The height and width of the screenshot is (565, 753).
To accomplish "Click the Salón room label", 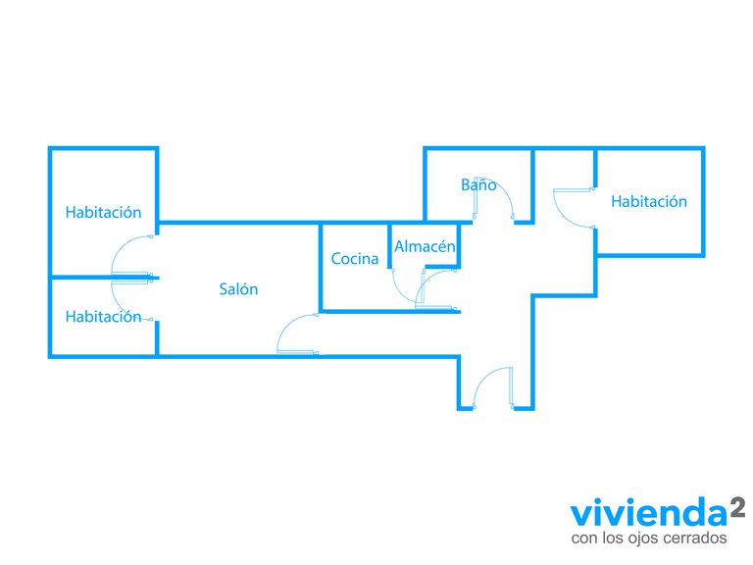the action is click(238, 288).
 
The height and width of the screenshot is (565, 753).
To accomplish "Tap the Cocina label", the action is click(355, 259).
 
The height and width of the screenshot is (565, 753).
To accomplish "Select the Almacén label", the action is click(425, 246).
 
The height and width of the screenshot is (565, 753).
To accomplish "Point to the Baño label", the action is click(478, 184).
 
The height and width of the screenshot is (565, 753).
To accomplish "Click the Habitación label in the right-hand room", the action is click(649, 201).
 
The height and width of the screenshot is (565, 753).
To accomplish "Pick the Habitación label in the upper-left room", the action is click(103, 212).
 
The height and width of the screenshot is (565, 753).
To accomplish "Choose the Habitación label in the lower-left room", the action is click(103, 317).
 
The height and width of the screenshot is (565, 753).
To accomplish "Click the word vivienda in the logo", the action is click(649, 513).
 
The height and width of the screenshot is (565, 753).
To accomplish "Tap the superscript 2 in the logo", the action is click(737, 507).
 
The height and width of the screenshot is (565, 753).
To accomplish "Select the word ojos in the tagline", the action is click(634, 539).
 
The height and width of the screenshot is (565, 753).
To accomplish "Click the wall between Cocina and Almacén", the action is click(389, 246).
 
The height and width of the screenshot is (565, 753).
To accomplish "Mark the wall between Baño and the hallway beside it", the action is click(532, 185).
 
